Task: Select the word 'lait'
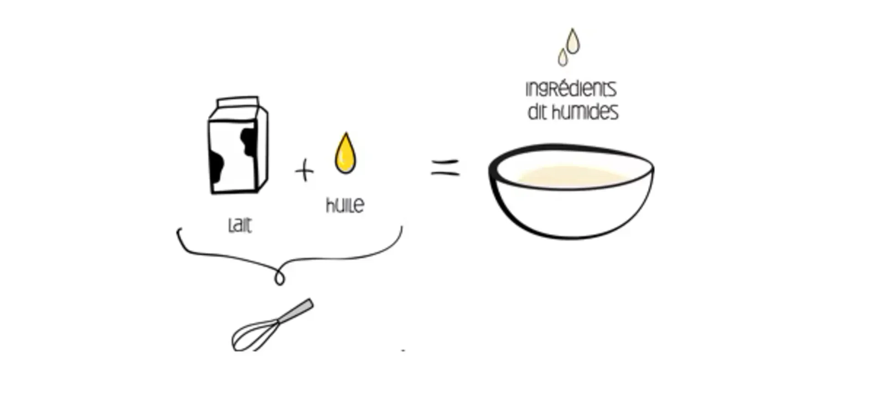[240, 225]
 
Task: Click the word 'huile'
[345, 205]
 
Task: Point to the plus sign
[304, 171]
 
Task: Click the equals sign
[445, 167]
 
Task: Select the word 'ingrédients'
[571, 89]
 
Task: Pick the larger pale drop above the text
[573, 42]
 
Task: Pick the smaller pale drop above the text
[563, 57]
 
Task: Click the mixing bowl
[571, 192]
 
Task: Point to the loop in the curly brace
[280, 277]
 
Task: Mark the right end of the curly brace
[401, 227]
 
